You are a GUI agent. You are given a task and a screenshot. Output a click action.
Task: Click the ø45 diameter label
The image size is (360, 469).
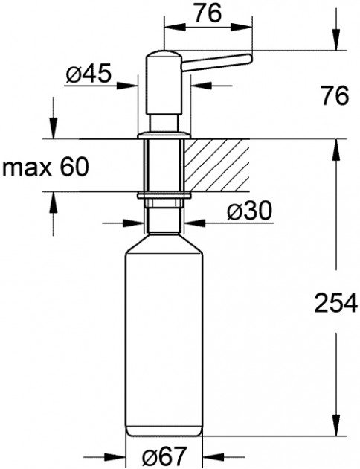[89, 73]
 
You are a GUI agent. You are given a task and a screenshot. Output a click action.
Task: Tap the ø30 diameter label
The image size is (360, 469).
[249, 210]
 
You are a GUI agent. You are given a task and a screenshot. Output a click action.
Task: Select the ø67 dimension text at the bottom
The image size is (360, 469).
[164, 456]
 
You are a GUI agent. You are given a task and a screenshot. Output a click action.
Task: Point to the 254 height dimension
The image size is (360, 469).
[335, 303]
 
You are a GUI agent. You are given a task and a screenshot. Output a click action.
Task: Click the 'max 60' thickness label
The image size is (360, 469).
[45, 167]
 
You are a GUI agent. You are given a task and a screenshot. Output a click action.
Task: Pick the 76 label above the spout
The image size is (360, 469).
[208, 13]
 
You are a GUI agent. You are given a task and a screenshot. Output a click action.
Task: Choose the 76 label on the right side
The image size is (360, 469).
[335, 96]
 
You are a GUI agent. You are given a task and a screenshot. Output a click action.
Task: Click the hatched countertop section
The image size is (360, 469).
[217, 165]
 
